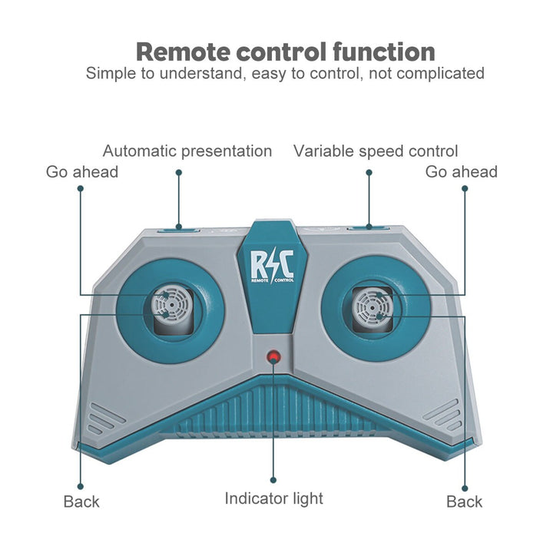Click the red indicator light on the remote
tap(273, 358)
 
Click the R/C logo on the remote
tap(272, 266)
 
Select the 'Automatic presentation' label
tap(187, 151)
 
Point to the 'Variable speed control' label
tap(376, 151)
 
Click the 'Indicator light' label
tap(273, 498)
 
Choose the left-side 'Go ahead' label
tap(82, 171)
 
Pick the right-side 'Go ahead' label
tap(462, 171)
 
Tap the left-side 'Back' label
tap(81, 502)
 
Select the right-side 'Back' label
tap(465, 502)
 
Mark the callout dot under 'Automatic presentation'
tap(179, 172)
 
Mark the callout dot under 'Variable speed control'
tap(369, 172)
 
